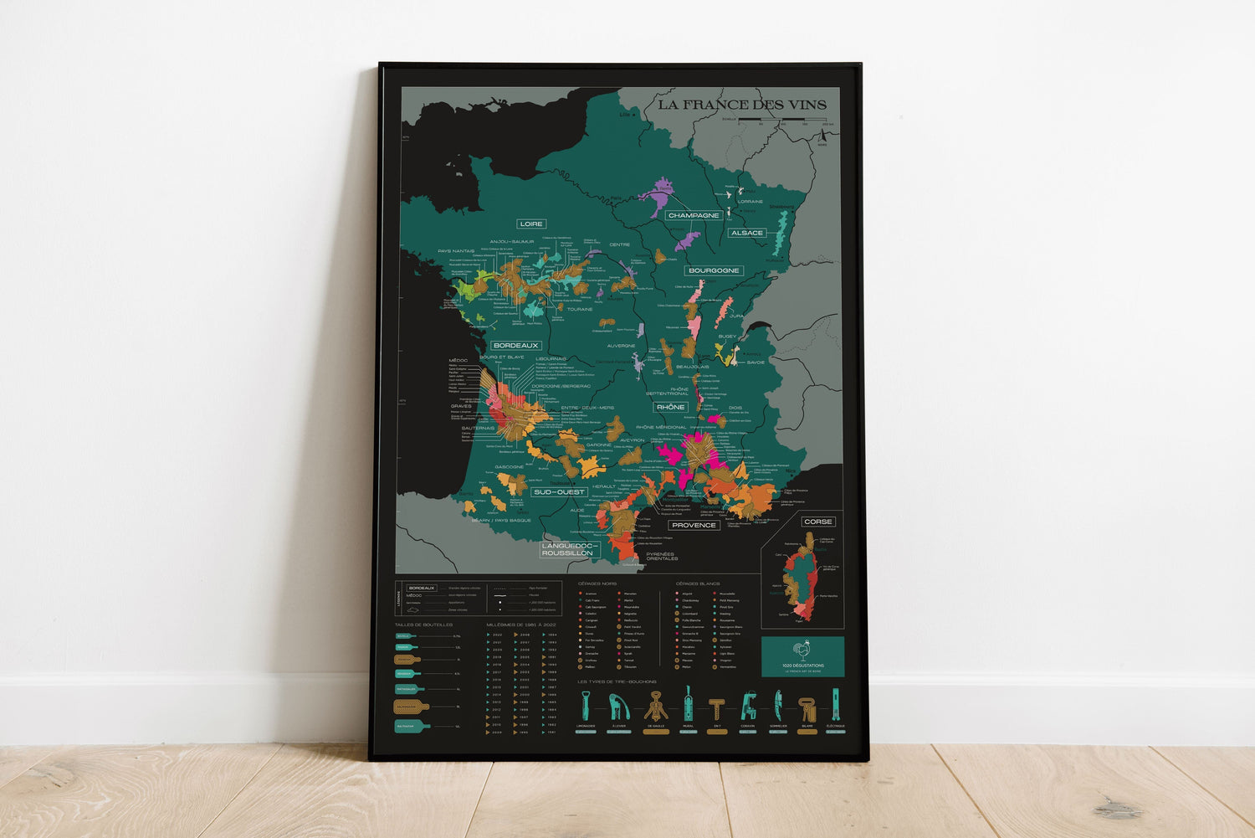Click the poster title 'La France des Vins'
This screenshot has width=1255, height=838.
741,105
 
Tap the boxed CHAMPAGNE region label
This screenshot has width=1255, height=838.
694,215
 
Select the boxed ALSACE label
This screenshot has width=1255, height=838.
746,233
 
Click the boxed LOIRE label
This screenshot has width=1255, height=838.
531,224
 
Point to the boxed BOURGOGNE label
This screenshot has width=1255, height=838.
714,270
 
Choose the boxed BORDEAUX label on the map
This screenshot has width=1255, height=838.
515,345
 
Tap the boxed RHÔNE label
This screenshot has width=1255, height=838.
670,407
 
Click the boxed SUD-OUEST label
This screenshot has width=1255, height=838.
559,492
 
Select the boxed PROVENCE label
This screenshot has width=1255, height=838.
694,525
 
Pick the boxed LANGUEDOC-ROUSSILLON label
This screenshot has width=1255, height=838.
567,549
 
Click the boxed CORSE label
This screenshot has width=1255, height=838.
817,522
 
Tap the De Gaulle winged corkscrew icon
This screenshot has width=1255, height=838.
656,706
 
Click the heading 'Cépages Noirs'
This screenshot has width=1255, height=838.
597,584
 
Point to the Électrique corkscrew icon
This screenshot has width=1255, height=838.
835,705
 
